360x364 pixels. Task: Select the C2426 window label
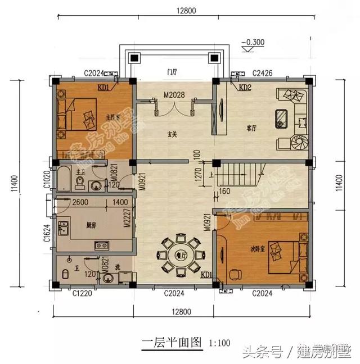coord(263,73)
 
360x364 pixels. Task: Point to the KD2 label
coord(245,88)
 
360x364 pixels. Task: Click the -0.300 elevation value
coord(253,42)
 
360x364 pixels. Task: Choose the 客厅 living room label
coord(251,128)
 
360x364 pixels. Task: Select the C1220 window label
coord(82,293)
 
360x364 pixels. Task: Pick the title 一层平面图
coord(172,343)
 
